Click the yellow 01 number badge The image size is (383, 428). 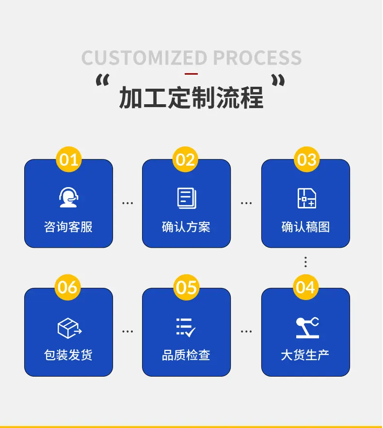69,159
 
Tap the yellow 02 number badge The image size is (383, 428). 185,159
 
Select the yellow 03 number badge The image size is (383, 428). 306,159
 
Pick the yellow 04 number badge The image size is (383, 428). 305,287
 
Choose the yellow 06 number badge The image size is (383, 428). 68,287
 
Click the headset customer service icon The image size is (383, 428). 68,197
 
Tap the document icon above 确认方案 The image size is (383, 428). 187,198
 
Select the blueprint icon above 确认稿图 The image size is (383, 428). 307,198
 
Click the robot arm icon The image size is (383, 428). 307,328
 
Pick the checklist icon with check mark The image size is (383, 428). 186,327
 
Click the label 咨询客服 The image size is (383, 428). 68,227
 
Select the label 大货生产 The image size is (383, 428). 305,355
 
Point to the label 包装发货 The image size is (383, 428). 68,355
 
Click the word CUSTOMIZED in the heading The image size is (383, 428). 144,58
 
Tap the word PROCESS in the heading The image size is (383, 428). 257,58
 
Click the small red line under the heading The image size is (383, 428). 191,74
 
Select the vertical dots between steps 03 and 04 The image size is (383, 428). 305,262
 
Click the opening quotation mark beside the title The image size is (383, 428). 103,80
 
